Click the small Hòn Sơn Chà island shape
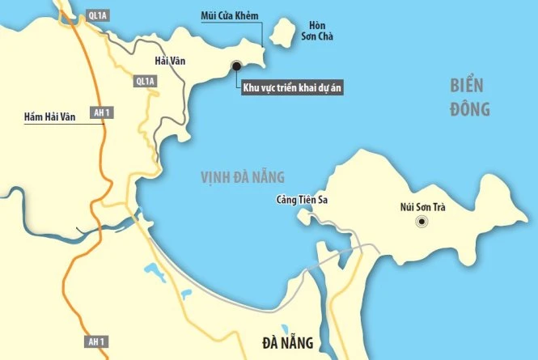pyautogui.click(x=282, y=34)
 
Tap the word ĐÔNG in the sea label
pyautogui.click(x=469, y=109)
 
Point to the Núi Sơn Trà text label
pyautogui.click(x=422, y=206)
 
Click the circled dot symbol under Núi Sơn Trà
pyautogui.click(x=422, y=222)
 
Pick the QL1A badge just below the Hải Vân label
pyautogui.click(x=146, y=81)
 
